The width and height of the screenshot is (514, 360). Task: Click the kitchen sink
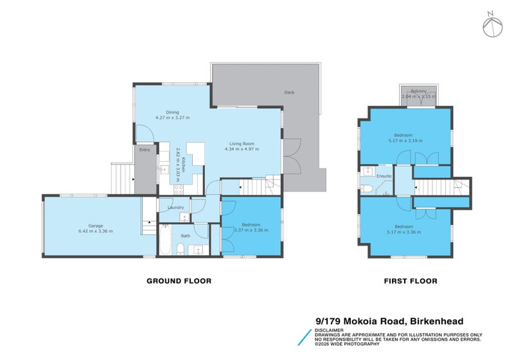[163, 170]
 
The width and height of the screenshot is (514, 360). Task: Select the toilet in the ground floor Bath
[182, 249]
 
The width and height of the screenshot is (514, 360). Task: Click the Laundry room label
[175, 207]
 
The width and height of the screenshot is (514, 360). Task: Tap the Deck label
[289, 93]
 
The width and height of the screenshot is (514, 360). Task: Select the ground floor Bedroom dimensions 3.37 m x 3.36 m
[251, 230]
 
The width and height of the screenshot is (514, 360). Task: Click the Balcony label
[418, 91]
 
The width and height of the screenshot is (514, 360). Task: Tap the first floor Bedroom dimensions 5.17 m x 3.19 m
[405, 140]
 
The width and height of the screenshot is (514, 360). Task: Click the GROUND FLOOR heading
[179, 281]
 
